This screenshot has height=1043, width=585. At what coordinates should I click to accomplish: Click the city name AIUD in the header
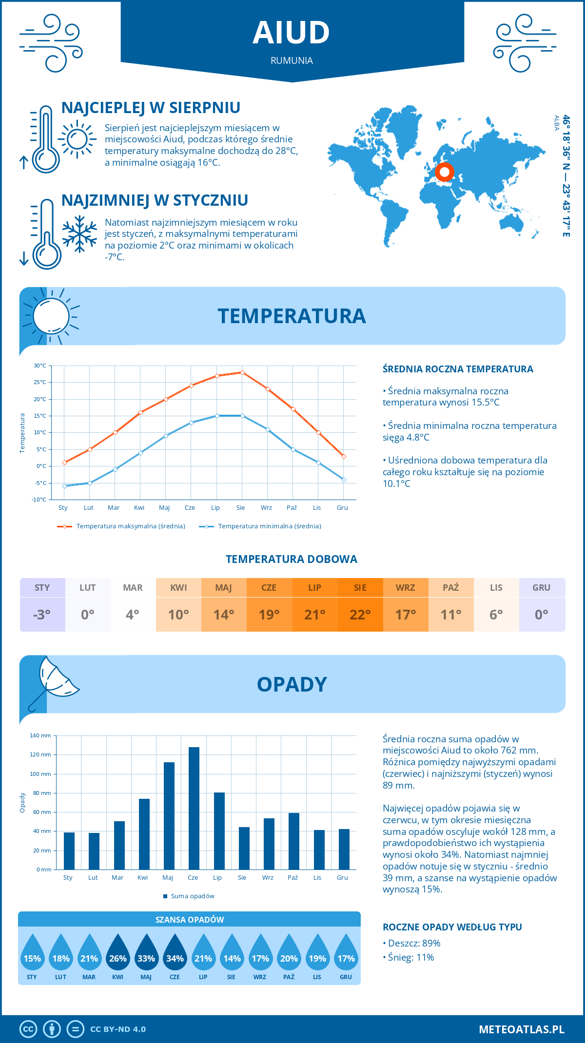point(292,33)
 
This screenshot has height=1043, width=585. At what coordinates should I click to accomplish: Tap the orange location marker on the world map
point(444,172)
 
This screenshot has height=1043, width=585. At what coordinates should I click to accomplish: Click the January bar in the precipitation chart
point(69,851)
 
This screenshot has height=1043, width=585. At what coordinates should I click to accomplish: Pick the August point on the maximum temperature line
point(242,372)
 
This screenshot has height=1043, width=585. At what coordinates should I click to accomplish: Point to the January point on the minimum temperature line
point(64,486)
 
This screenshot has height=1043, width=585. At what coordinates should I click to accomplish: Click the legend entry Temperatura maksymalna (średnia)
point(131,526)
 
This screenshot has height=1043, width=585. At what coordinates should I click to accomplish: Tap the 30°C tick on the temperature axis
point(40,366)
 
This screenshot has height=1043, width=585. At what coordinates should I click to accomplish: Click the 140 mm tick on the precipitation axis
point(40,735)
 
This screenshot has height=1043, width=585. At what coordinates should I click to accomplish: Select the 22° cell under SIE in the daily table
point(360,615)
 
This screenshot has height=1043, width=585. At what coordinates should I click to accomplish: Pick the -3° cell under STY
point(42,615)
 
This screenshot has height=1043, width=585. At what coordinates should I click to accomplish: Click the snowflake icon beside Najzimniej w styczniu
point(79,234)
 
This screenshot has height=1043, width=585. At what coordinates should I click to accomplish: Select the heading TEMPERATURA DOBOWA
point(292,559)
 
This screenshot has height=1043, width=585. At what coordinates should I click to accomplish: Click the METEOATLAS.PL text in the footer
point(521,1029)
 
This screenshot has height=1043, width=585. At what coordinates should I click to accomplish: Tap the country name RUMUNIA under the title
point(292,60)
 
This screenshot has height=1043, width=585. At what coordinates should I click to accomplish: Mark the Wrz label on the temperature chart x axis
point(266,508)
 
